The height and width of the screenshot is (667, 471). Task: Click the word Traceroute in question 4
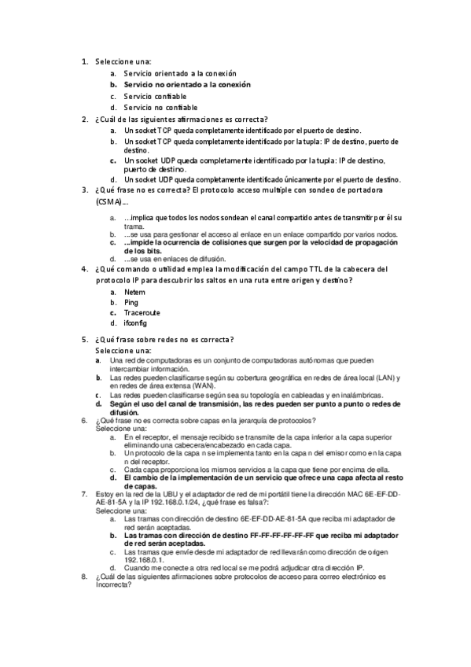click(x=142, y=312)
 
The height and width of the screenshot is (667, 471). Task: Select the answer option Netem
click(x=135, y=292)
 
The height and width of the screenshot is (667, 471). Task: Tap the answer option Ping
click(x=131, y=302)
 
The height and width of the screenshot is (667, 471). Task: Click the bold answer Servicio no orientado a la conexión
click(x=187, y=83)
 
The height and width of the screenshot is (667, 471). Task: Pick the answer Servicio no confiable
click(x=160, y=107)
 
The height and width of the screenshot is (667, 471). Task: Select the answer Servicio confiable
click(x=155, y=96)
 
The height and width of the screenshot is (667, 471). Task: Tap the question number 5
click(x=84, y=340)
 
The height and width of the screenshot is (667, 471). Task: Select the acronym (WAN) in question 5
click(x=183, y=386)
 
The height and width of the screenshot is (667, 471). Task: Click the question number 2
click(x=84, y=119)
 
